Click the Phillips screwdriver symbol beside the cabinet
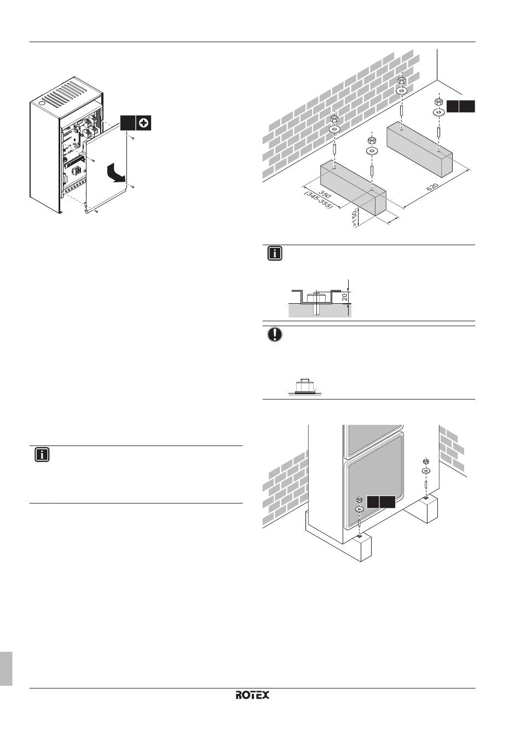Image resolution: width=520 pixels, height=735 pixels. coord(143,123)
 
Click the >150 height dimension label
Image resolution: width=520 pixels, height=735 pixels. coord(354,218)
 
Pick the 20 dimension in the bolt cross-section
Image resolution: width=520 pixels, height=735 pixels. coord(345,297)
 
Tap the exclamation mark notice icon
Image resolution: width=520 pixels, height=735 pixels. coord(275,335)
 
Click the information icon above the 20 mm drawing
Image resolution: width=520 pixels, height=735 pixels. coord(275,253)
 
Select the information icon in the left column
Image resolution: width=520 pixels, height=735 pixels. coord(42,454)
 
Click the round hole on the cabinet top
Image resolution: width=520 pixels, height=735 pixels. coord(42,102)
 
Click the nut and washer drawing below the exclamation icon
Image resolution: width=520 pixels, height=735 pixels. coord(305,387)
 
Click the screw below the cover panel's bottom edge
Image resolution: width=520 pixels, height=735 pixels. coord(96,212)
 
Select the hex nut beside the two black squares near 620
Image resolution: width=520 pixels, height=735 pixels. coord(437,102)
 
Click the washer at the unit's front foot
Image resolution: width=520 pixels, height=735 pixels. coord(359,509)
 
